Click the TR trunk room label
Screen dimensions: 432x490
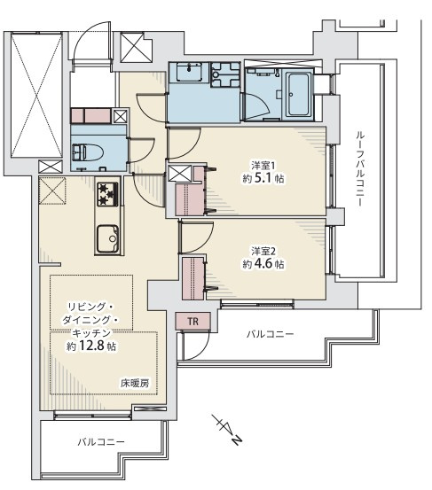point(193,322)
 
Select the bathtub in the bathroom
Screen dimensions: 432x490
point(300,95)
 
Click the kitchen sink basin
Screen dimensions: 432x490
point(108,239)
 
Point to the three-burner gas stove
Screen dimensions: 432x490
point(107,194)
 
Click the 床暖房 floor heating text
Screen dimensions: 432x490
point(135,383)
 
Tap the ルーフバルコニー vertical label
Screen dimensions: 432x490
point(360,168)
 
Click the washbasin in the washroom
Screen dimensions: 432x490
point(189,72)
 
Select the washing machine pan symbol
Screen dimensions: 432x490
point(225,74)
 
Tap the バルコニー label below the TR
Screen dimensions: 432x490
point(271,334)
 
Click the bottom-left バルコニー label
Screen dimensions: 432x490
point(101,442)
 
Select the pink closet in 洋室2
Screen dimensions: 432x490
point(193,278)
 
